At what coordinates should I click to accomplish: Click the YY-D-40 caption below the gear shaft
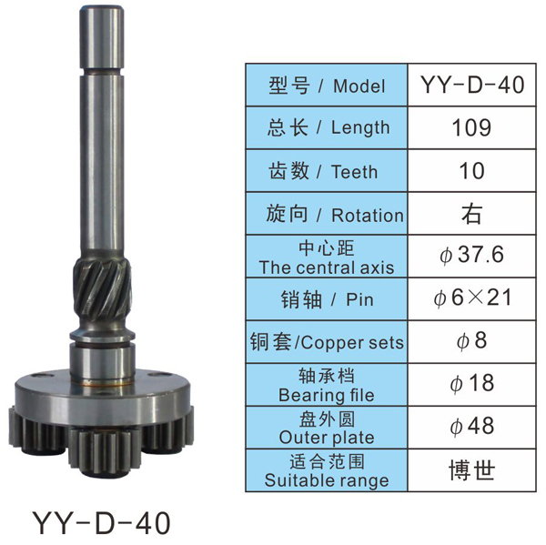(101, 523)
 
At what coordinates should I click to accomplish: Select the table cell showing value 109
(471, 127)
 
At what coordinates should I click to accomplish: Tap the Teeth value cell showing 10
(471, 171)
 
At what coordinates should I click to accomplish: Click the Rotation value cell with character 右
(471, 214)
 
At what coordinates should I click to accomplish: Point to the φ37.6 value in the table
(471, 255)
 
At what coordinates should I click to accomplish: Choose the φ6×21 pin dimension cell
(472, 298)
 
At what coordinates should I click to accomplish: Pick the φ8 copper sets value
(471, 340)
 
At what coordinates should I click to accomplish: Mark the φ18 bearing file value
(471, 383)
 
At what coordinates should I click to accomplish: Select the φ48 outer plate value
(471, 426)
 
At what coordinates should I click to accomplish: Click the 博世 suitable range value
(471, 469)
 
